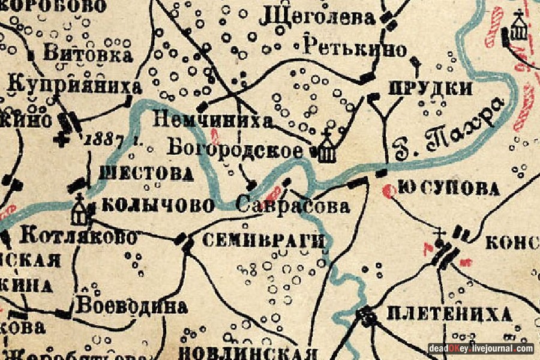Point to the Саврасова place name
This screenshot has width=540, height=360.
(x=293, y=206)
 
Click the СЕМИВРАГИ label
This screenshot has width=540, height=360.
(x=263, y=241)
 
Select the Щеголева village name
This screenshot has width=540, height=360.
(x=317, y=18)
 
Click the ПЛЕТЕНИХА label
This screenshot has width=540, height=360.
(x=449, y=313)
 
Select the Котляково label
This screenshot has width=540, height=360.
(x=78, y=236)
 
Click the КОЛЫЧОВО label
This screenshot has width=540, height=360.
(x=158, y=206)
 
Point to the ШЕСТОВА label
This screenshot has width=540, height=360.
(x=146, y=174)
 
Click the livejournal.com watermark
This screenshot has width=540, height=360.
(x=481, y=349)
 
